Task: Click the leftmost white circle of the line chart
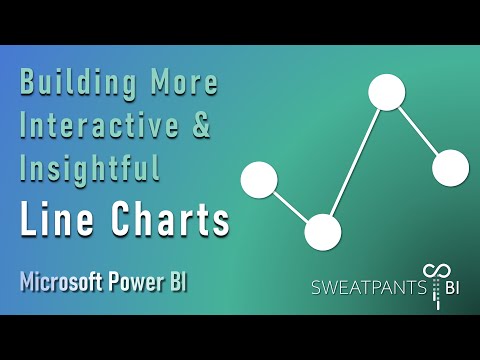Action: click(x=259, y=181)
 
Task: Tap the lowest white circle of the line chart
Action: click(x=322, y=232)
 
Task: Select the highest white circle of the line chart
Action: click(x=386, y=92)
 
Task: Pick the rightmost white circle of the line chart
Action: click(x=450, y=167)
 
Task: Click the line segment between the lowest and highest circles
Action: click(x=354, y=162)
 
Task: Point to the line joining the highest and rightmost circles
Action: click(x=418, y=130)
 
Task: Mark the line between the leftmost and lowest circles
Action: click(x=290, y=206)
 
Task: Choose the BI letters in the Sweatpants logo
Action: click(x=456, y=289)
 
